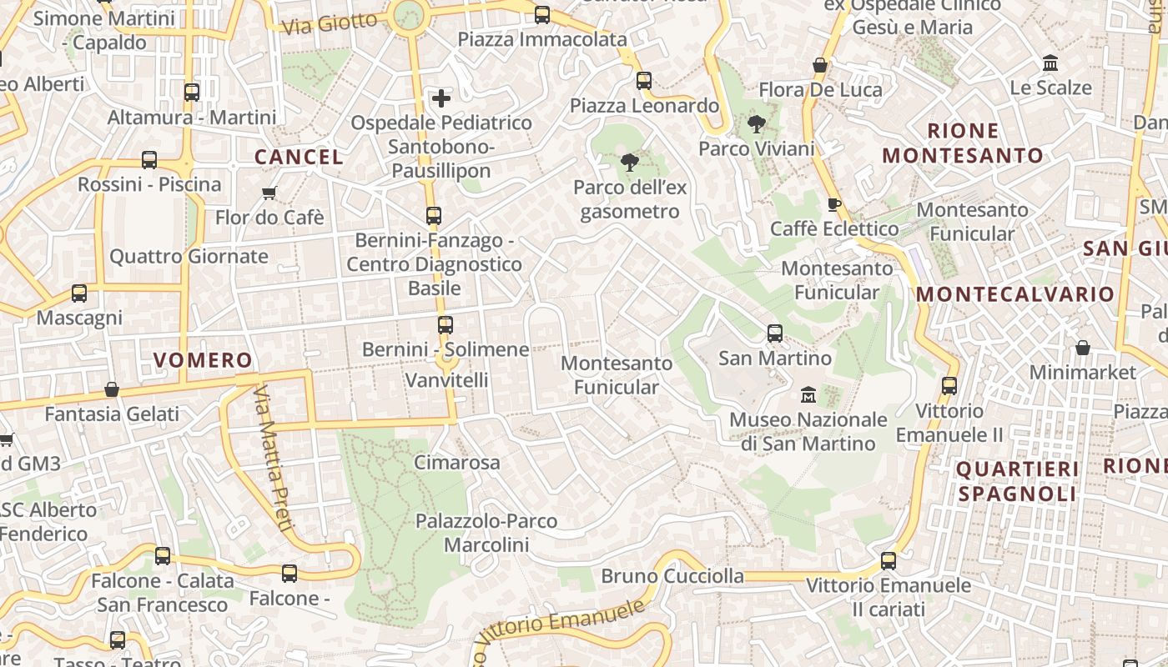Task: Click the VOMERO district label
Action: point(203,360)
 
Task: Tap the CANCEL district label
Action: point(299,157)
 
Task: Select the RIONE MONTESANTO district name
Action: point(963,143)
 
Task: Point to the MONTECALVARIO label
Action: point(1015,294)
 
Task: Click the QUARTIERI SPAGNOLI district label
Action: point(1017,481)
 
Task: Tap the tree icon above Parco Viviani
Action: point(757,125)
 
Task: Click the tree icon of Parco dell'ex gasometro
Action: point(630,163)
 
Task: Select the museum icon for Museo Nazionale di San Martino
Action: point(808,394)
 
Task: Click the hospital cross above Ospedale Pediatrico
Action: point(441,98)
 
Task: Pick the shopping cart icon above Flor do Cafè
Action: point(269,193)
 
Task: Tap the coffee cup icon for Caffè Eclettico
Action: point(833,204)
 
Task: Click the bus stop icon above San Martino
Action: point(775,333)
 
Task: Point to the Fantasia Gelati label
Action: point(112,414)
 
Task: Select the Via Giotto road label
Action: point(330,24)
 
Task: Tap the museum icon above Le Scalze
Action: point(1050,63)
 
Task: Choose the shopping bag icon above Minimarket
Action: point(1083,348)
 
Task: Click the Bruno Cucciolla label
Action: point(672,576)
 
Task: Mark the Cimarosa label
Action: point(457,463)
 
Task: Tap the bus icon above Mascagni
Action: point(79,293)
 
